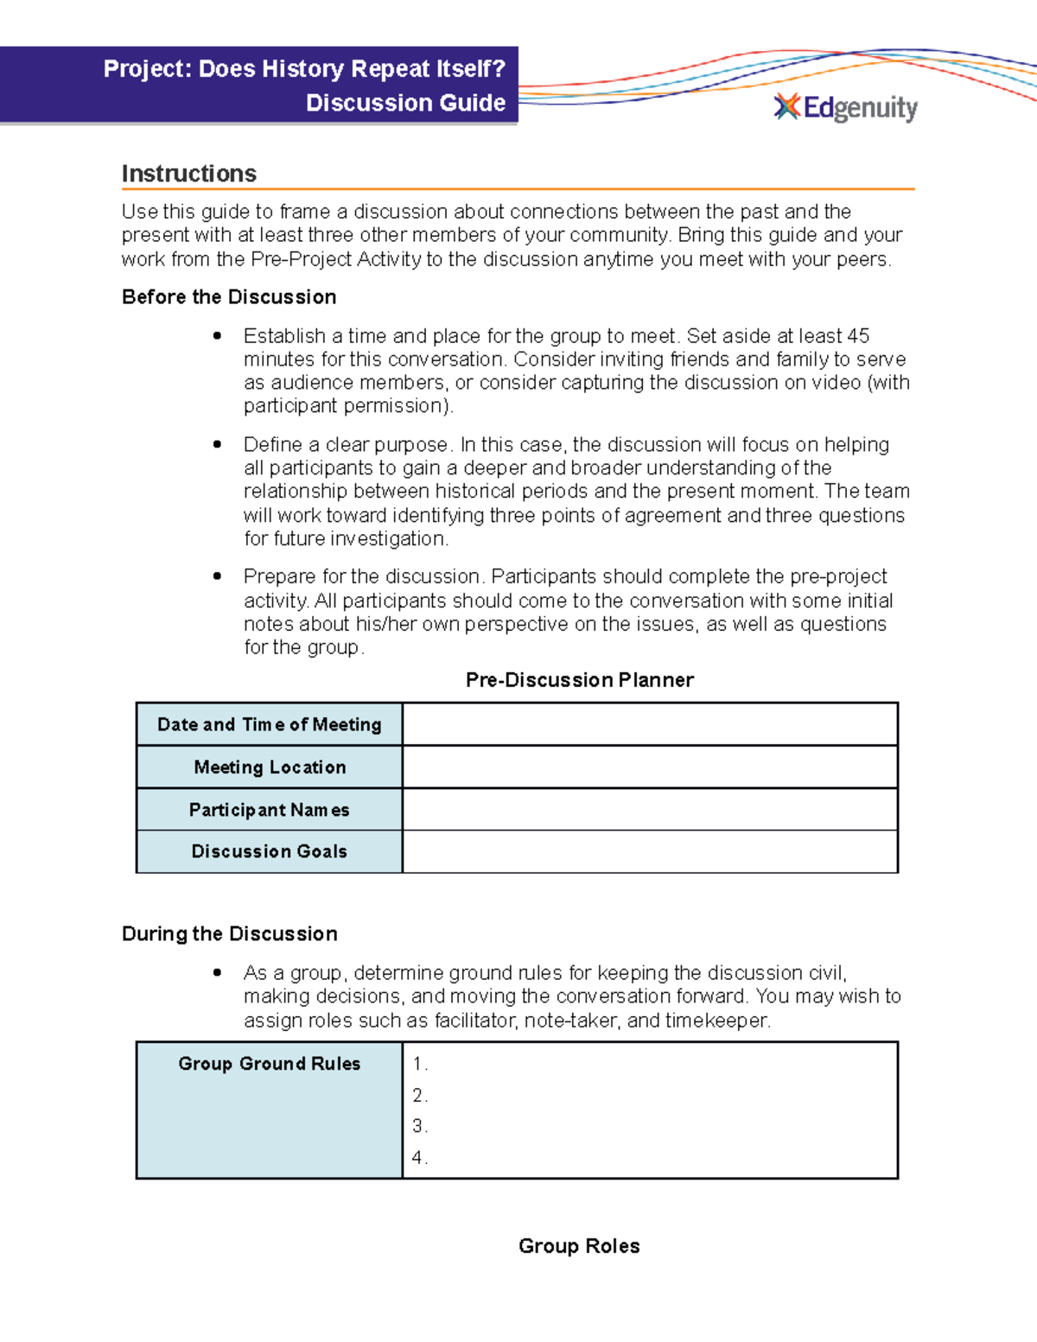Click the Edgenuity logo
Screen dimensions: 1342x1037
845,108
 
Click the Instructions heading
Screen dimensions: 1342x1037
188,174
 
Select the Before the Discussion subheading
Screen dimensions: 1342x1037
229,297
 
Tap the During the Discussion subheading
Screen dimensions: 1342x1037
229,934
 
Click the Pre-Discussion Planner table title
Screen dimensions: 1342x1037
579,680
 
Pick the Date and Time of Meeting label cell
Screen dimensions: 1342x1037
269,724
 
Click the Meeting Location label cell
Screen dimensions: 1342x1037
269,767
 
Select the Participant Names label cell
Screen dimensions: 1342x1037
269,810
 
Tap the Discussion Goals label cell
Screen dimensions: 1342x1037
269,851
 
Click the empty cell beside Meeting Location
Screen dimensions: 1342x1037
650,767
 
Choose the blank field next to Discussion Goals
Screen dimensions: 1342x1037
650,851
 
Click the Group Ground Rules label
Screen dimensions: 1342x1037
269,1064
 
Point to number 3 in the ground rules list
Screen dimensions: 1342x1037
418,1126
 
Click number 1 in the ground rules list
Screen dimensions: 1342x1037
418,1064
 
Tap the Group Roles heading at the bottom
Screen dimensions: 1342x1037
579,1246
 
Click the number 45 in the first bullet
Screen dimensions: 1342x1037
857,335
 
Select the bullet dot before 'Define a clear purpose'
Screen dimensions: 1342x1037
218,444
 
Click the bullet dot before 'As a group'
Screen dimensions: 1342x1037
218,972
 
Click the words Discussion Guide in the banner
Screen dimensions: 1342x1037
405,103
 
